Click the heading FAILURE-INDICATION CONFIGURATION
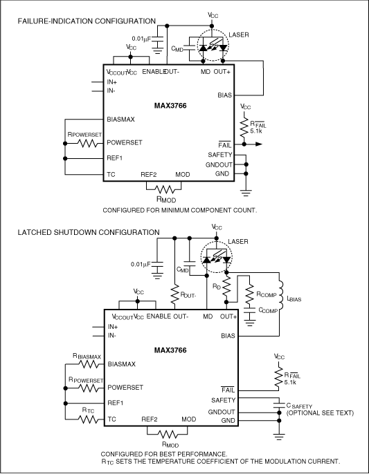[x=87, y=21]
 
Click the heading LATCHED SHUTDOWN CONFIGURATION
[x=84, y=232]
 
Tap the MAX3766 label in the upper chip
[x=170, y=106]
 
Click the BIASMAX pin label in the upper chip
[x=121, y=119]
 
